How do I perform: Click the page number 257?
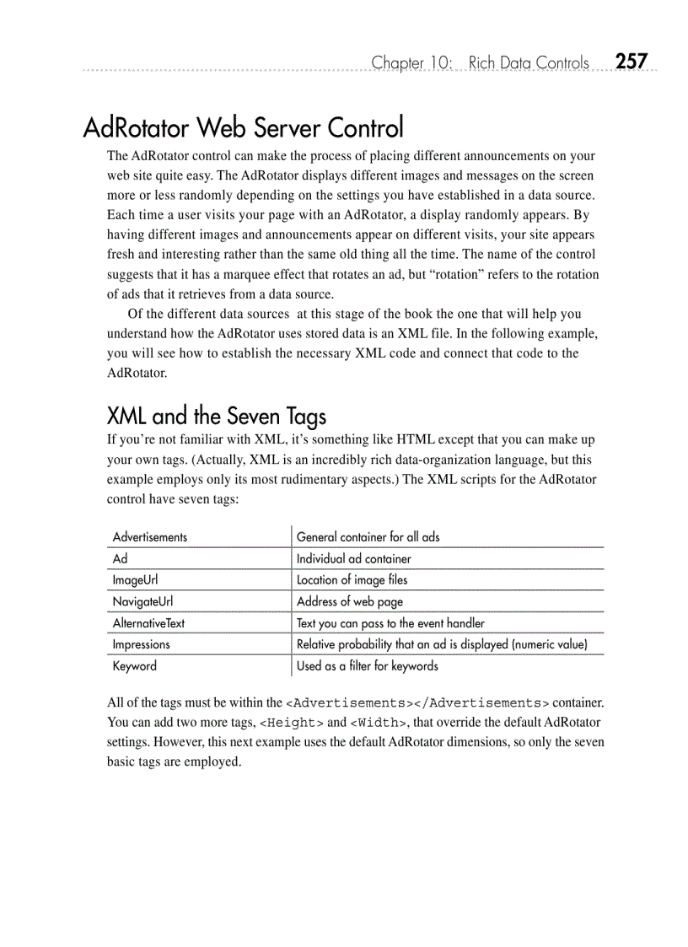point(631,62)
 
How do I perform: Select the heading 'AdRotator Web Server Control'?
point(243,128)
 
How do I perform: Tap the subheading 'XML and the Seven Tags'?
point(216,416)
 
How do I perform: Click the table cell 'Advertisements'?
point(150,537)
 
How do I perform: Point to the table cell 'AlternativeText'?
point(148,623)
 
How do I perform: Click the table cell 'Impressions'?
point(141,644)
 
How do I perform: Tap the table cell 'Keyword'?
point(134,666)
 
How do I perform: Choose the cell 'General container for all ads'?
point(368,537)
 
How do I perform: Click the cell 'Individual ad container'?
point(353,559)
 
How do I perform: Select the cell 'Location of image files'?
point(352,580)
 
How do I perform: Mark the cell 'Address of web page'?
point(349,601)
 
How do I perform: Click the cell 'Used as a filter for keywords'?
point(367,666)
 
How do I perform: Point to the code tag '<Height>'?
point(291,723)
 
